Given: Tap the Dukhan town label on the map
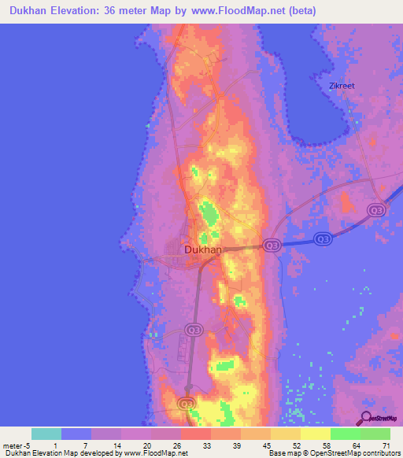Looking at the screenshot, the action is [203, 249].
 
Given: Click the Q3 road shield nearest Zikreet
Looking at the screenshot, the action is [377, 210].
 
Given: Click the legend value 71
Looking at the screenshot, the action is [386, 445].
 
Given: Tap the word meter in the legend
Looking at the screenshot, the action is [13, 445].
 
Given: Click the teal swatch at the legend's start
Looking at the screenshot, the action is [46, 434].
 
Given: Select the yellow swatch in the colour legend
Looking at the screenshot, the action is [316, 434].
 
